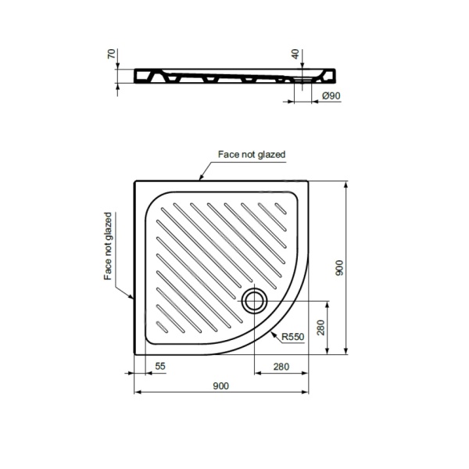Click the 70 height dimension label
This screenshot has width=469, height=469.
pos(112,54)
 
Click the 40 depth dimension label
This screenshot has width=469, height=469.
pos(295,54)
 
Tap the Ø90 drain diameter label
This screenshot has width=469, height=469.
pos(331,95)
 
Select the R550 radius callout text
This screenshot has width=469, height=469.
pos(293,337)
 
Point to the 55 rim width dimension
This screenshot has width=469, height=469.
pos(160,366)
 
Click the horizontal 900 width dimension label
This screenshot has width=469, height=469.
pos(220,386)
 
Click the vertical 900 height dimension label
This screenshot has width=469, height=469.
pos(340,267)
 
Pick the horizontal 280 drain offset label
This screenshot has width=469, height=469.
pos(281,367)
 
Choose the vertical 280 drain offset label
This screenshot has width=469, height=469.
pos(320,328)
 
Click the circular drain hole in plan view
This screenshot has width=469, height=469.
pos(255,301)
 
